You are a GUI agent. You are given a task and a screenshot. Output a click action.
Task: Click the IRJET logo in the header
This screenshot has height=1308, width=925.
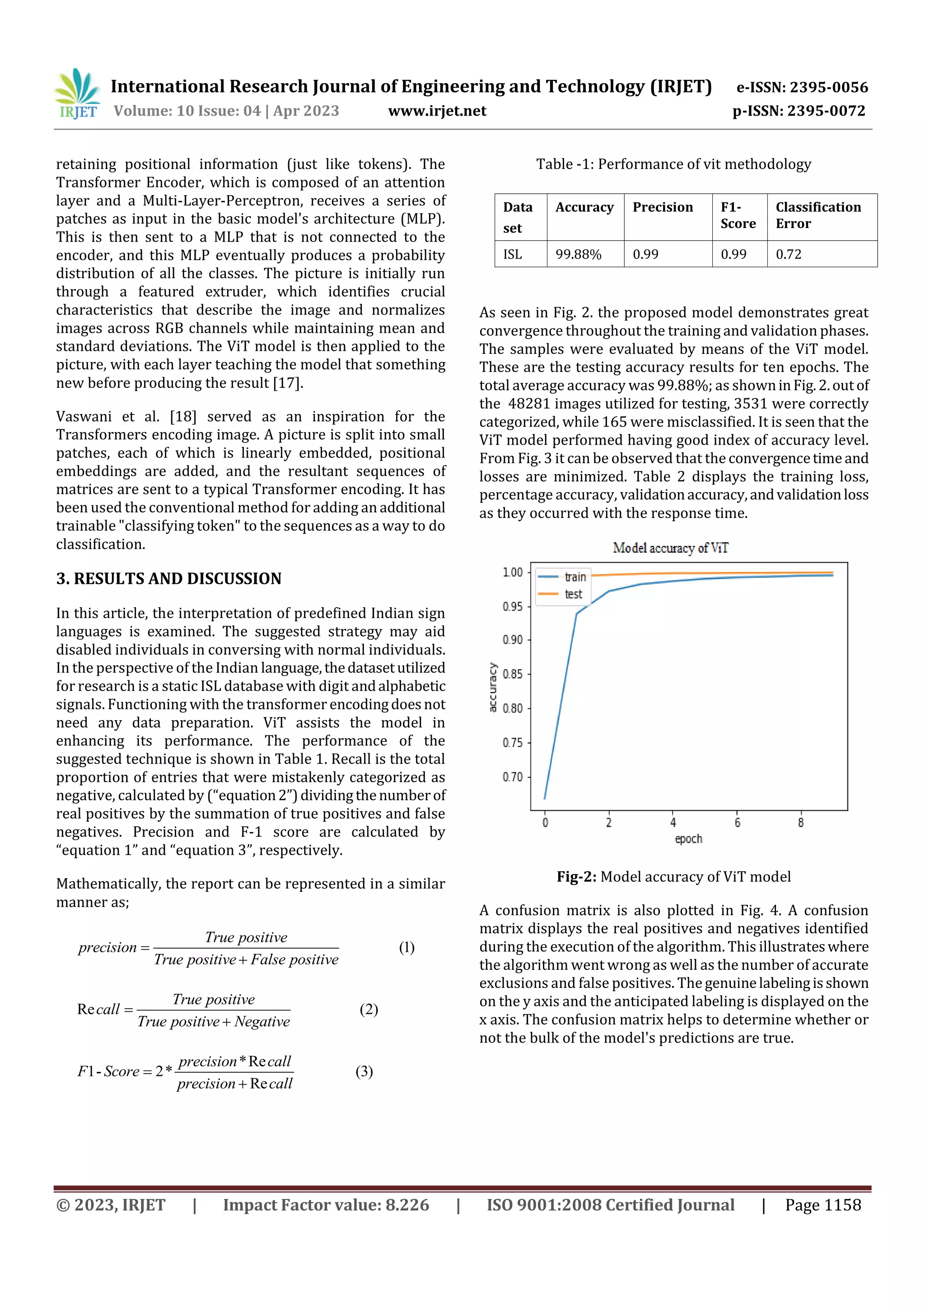point(77,94)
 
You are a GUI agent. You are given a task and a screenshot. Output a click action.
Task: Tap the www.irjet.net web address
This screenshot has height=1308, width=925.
point(437,111)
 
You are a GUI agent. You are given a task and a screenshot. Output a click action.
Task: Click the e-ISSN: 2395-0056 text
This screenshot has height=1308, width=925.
point(802,87)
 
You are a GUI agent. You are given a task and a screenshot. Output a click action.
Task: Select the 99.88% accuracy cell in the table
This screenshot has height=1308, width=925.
point(578,254)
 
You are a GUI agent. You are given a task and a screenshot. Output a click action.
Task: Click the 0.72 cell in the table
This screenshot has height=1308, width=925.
point(788,254)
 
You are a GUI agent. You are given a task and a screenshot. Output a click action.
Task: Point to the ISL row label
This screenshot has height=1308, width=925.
point(512,254)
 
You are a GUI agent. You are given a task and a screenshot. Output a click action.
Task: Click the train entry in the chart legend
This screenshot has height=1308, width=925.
point(575,577)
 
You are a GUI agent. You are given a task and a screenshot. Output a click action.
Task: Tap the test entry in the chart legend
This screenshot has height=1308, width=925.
point(573,594)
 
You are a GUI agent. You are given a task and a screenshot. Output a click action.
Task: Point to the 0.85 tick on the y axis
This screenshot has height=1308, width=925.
point(512,674)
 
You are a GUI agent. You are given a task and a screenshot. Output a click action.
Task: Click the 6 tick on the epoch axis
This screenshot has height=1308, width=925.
point(737,823)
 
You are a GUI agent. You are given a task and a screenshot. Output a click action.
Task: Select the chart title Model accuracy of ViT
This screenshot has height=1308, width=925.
point(670,548)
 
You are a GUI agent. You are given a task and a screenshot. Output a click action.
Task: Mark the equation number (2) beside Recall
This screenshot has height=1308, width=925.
point(368,1009)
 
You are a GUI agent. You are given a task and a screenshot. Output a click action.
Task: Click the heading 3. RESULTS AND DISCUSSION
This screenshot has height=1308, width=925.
point(169,579)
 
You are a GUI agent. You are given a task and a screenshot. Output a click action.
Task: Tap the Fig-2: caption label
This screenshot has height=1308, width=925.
point(576,877)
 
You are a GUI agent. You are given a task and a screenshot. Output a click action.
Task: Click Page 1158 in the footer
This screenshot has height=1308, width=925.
point(822,1205)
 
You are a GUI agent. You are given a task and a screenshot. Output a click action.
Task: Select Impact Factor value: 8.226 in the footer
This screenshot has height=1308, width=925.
point(326,1205)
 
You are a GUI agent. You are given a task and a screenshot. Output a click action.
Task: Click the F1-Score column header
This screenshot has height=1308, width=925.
point(738,215)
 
